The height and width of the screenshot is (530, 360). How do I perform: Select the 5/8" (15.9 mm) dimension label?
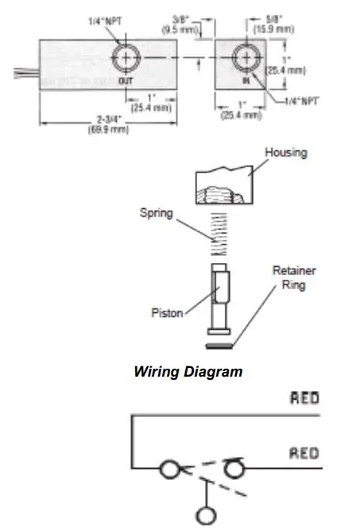pos(274,25)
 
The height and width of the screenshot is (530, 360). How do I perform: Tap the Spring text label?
pos(157,212)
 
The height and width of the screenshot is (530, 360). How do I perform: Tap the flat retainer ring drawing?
pos(219,346)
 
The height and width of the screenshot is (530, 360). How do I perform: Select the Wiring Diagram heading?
pos(188,370)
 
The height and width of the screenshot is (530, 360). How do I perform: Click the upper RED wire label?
pos(304,397)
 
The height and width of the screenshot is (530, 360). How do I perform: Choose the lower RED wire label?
pos(304,453)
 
